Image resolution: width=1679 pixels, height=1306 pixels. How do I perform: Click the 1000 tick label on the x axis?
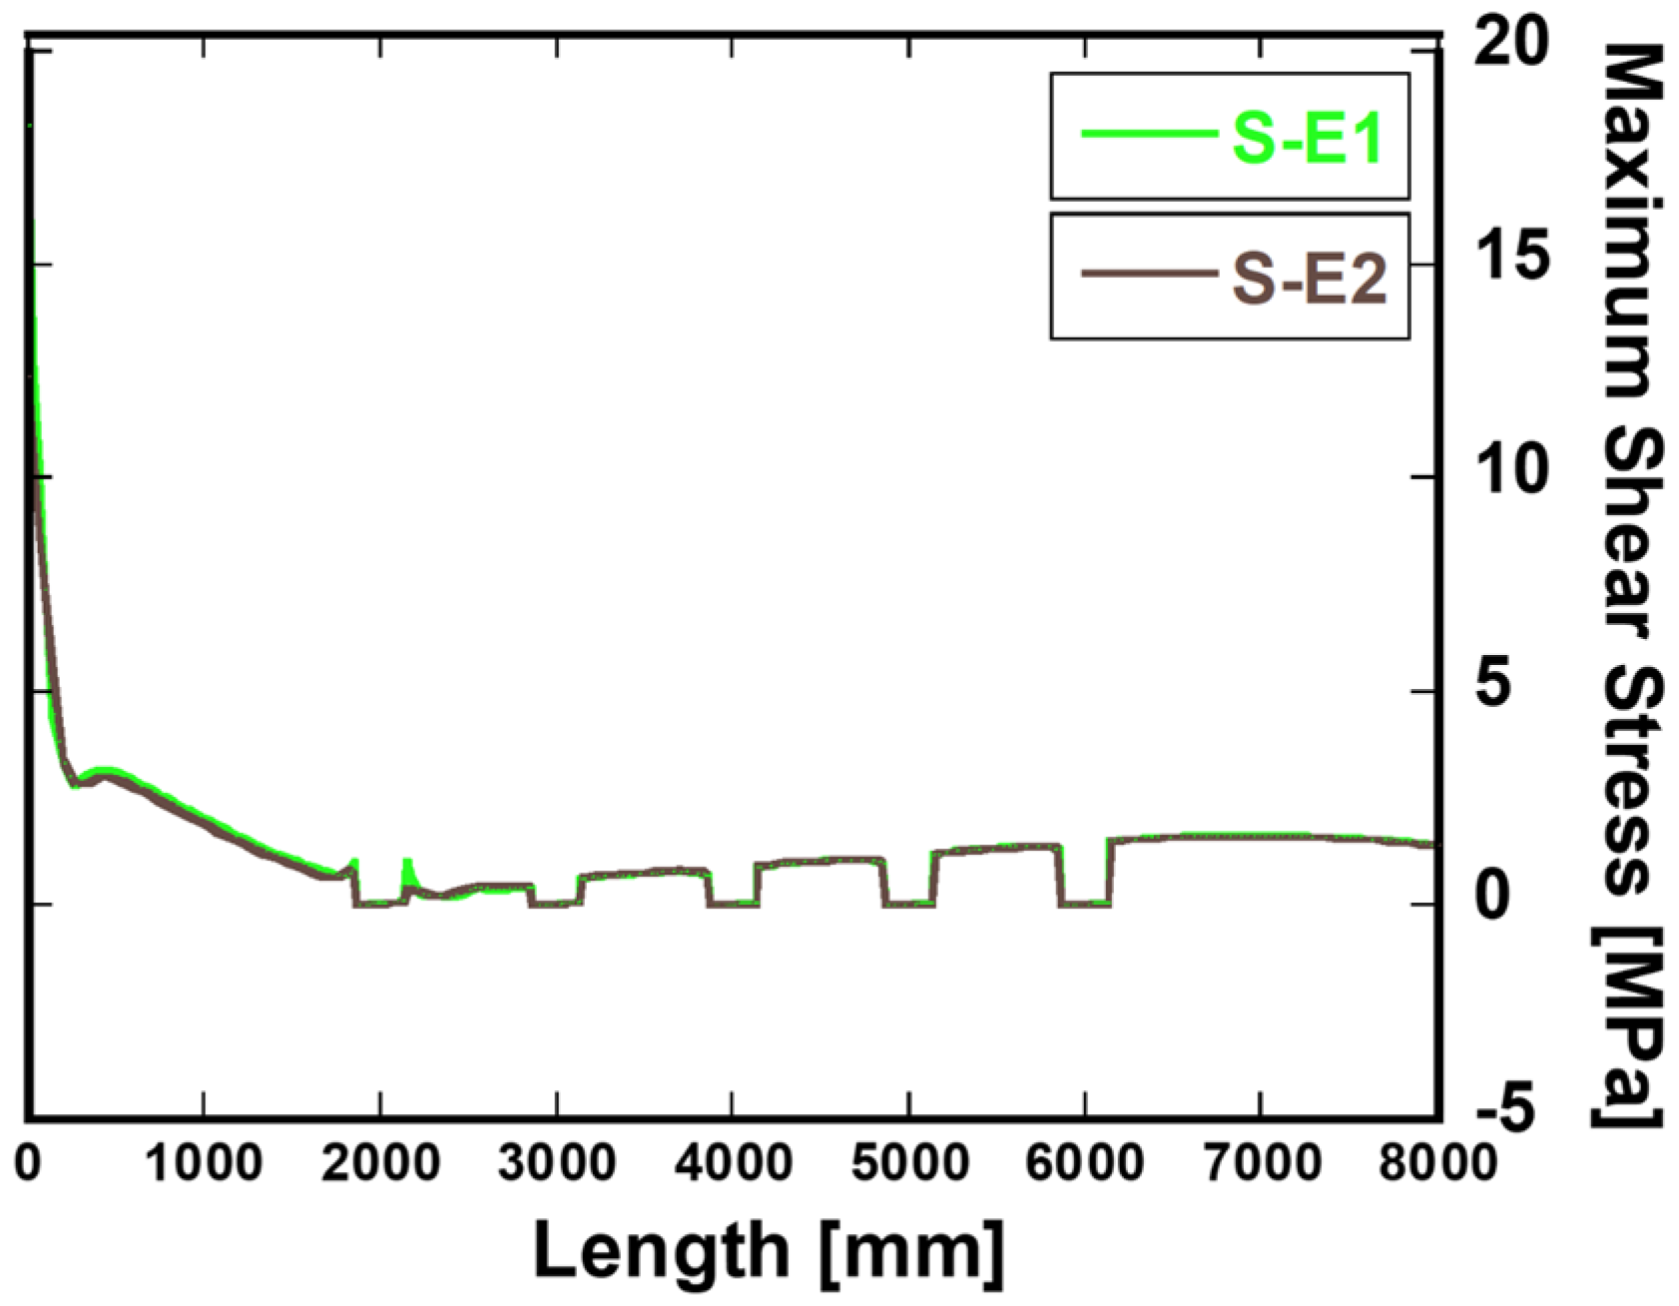tap(204, 1164)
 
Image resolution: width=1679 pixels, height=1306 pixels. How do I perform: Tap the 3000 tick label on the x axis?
tap(556, 1164)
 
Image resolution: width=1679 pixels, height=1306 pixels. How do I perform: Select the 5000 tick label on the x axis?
tap(908, 1164)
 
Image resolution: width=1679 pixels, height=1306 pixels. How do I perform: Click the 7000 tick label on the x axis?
tap(1262, 1164)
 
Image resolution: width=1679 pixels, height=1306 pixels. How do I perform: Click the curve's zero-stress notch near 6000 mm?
tap(1083, 904)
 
